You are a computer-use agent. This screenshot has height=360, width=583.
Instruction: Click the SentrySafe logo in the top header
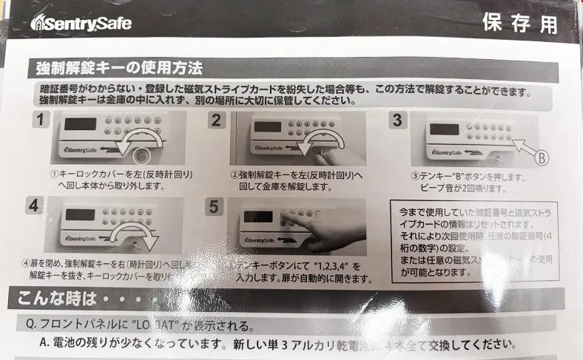tap(81, 23)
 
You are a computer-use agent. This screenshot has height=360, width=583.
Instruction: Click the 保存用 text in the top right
tap(519, 23)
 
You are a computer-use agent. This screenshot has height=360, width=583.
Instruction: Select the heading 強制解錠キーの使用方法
tap(119, 69)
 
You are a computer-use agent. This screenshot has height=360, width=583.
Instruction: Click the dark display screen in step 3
tap(444, 129)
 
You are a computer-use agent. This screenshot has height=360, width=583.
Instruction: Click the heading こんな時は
tap(52, 299)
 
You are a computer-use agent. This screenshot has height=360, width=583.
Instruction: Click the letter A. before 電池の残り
tap(46, 344)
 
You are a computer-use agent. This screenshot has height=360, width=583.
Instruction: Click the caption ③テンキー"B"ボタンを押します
tap(467, 177)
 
